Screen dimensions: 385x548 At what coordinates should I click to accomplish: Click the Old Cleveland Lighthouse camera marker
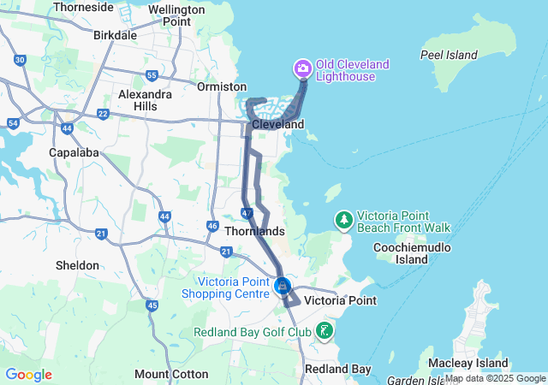tap(302, 68)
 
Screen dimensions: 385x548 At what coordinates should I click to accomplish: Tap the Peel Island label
tap(449, 55)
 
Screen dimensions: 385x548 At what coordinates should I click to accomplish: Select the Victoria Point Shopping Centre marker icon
tap(283, 286)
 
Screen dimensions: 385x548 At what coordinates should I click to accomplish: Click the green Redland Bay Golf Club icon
tap(325, 330)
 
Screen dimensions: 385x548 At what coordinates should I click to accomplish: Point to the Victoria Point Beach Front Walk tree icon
tap(343, 220)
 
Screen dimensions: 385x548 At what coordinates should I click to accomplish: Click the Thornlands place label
tap(253, 231)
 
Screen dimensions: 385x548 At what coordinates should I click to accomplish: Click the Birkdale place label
tap(115, 36)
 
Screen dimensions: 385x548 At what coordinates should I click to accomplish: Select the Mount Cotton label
tap(171, 374)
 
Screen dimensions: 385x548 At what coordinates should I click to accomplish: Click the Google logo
tap(28, 375)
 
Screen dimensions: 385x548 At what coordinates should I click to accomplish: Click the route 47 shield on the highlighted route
tap(247, 212)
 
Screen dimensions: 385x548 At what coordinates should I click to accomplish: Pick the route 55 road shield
tap(152, 75)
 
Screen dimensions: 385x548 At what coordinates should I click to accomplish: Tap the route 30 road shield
tap(20, 60)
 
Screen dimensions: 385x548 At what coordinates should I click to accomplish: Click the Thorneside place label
tap(84, 7)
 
